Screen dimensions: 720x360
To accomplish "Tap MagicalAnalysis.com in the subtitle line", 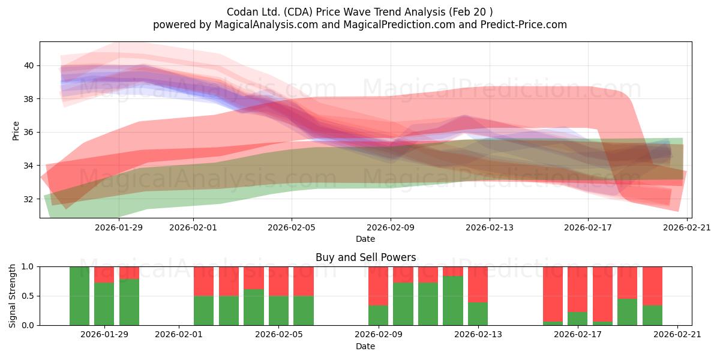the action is pos(266,25).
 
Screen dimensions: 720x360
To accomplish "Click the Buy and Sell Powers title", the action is pos(366,257).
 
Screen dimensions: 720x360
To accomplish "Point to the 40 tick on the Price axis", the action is pos(29,65).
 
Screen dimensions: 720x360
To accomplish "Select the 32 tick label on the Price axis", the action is pos(29,199).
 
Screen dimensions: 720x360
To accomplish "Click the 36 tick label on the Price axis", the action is pos(29,132).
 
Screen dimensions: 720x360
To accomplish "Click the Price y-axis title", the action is pos(16,131).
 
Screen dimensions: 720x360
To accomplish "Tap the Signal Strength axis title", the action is pos(12,296).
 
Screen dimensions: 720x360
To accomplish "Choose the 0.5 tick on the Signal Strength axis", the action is pos(28,296).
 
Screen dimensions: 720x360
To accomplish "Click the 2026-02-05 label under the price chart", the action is pos(292,227).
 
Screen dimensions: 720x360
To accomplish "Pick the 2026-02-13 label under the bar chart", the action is pos(478,334).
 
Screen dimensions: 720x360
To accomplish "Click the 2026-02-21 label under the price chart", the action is pos(687,227).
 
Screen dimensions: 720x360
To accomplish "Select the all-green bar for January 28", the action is pos(79,296).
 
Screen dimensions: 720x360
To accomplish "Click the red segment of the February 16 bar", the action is pos(553,294).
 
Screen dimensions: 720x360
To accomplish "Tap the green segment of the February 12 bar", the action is pos(453,301).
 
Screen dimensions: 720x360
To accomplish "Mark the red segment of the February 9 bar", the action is pos(379,286).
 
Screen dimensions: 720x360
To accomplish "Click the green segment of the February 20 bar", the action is pos(653,316).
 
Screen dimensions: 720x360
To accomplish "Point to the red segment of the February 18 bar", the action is pos(602,294).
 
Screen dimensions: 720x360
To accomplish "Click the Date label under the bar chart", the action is pos(365,346).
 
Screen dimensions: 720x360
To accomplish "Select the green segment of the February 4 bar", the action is pos(254,307).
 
